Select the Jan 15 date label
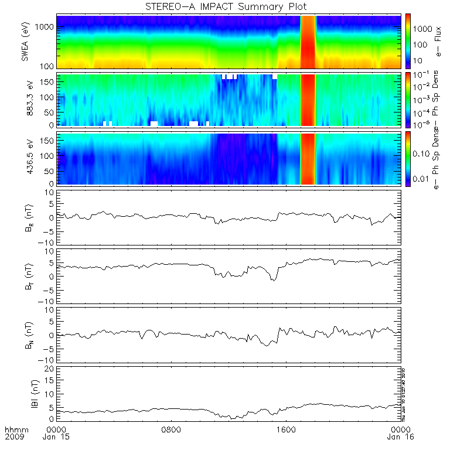pyautogui.click(x=56, y=436)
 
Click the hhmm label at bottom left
pyautogui.click(x=13, y=429)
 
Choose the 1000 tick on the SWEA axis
pyautogui.click(x=47, y=27)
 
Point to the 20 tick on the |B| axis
pyautogui.click(x=50, y=369)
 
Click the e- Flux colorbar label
pyautogui.click(x=438, y=42)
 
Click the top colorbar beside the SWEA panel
pyautogui.click(x=408, y=42)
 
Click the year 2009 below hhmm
pyautogui.click(x=13, y=436)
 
